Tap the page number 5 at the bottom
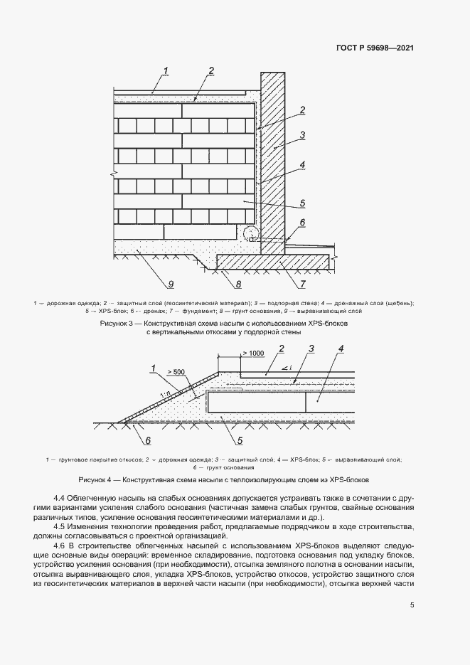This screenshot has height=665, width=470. coord(412,606)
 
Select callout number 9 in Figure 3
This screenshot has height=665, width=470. coord(171,285)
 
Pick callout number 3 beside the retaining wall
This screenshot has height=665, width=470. coord(302,134)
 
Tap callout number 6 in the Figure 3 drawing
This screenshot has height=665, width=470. coord(302,223)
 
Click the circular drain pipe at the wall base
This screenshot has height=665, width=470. coord(250,232)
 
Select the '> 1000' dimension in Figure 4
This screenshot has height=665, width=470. coord(252,353)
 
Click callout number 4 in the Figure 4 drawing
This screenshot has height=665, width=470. coord(341,349)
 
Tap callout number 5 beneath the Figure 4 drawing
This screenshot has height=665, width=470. coord(229,440)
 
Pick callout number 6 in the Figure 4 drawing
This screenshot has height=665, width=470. coord(147,440)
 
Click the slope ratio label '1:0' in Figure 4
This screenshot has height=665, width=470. coord(164,393)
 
